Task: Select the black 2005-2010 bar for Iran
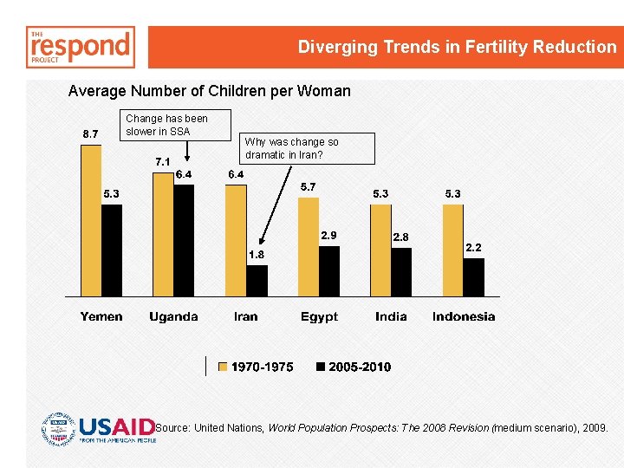pyautogui.click(x=257, y=281)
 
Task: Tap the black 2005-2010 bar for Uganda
pyautogui.click(x=184, y=240)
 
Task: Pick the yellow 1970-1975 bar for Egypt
pyautogui.click(x=308, y=247)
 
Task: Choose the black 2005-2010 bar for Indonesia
pyautogui.click(x=473, y=277)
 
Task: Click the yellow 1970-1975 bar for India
pyautogui.click(x=380, y=250)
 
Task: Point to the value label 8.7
pyautogui.click(x=89, y=133)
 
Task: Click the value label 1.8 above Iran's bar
pyautogui.click(x=257, y=255)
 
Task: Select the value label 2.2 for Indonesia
pyautogui.click(x=473, y=248)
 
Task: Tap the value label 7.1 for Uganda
pyautogui.click(x=162, y=161)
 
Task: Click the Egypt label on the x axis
pyautogui.click(x=319, y=316)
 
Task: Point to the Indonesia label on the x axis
pyautogui.click(x=464, y=316)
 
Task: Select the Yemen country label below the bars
pyautogui.click(x=101, y=316)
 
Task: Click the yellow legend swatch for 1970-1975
pyautogui.click(x=223, y=367)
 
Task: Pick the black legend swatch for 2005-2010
pyautogui.click(x=321, y=367)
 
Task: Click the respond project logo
pyautogui.click(x=81, y=47)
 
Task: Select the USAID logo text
pyautogui.click(x=117, y=428)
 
